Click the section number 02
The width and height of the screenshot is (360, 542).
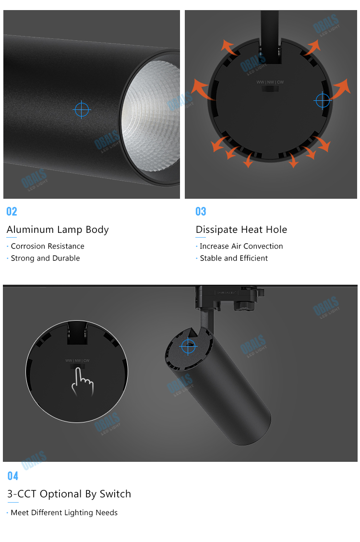(12, 212)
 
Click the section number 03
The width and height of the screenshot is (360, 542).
(201, 212)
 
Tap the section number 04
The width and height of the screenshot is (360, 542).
(12, 476)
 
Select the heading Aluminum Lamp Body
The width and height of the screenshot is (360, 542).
(58, 229)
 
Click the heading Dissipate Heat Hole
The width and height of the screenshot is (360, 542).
(241, 229)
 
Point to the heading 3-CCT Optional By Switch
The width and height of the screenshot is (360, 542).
(69, 494)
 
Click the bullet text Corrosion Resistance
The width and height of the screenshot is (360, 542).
(48, 246)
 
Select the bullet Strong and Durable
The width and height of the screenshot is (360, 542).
(45, 258)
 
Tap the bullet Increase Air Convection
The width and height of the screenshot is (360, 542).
(241, 246)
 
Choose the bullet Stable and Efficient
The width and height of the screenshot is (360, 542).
(234, 258)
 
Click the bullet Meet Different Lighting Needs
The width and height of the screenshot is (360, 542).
(64, 513)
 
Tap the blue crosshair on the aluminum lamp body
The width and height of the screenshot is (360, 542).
(82, 110)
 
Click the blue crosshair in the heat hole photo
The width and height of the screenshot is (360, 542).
(323, 100)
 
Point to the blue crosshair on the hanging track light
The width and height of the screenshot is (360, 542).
(188, 346)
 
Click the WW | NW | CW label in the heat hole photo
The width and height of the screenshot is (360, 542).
(270, 82)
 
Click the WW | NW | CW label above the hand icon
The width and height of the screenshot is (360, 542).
(77, 361)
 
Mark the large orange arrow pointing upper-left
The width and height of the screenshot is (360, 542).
(202, 89)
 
